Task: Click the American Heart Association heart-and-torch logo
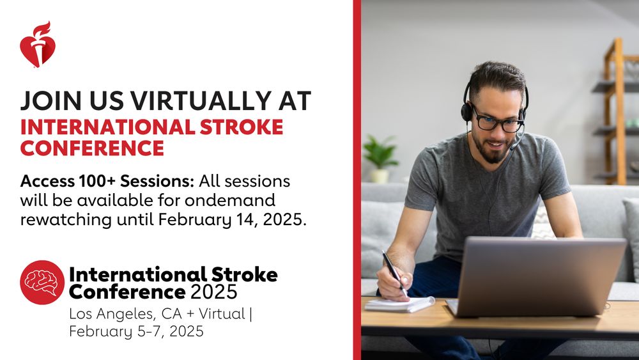click(x=37, y=45)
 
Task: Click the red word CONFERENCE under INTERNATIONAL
click(x=92, y=148)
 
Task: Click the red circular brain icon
click(x=42, y=282)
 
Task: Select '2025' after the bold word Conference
click(x=214, y=293)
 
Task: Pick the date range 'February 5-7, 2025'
click(x=136, y=331)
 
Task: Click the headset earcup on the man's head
click(x=467, y=112)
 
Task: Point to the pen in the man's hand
click(x=394, y=272)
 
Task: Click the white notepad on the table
click(x=399, y=304)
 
